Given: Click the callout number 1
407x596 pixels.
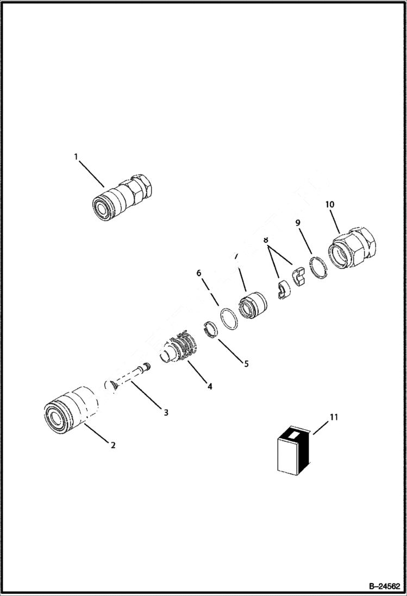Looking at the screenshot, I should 76,156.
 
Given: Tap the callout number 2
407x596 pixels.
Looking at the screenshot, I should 112,446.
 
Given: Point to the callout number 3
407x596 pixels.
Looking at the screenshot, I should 166,412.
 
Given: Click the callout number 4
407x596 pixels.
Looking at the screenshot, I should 209,386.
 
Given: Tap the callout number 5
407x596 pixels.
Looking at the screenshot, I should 246,363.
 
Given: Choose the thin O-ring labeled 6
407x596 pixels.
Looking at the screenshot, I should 229,318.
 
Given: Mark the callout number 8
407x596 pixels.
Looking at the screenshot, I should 266,240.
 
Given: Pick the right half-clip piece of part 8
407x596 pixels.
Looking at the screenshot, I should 299,275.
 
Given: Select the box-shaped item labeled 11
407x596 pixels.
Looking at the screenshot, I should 292,450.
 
